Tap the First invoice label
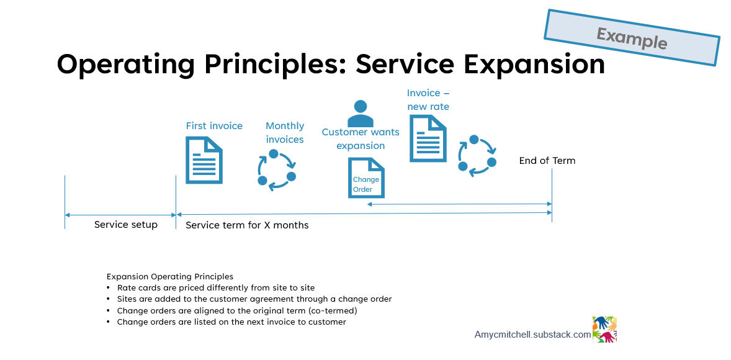[214, 126]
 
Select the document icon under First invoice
[204, 160]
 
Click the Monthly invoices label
[285, 133]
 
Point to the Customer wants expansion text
[361, 139]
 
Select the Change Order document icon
[366, 178]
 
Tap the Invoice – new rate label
[428, 100]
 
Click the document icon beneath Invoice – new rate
[428, 138]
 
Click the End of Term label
[547, 161]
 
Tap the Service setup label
[126, 225]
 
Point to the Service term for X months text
[247, 225]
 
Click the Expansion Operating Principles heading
[170, 276]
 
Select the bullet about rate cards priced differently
[216, 288]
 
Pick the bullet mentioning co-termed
[237, 310]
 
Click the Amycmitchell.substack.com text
[532, 335]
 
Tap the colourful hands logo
[604, 330]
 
